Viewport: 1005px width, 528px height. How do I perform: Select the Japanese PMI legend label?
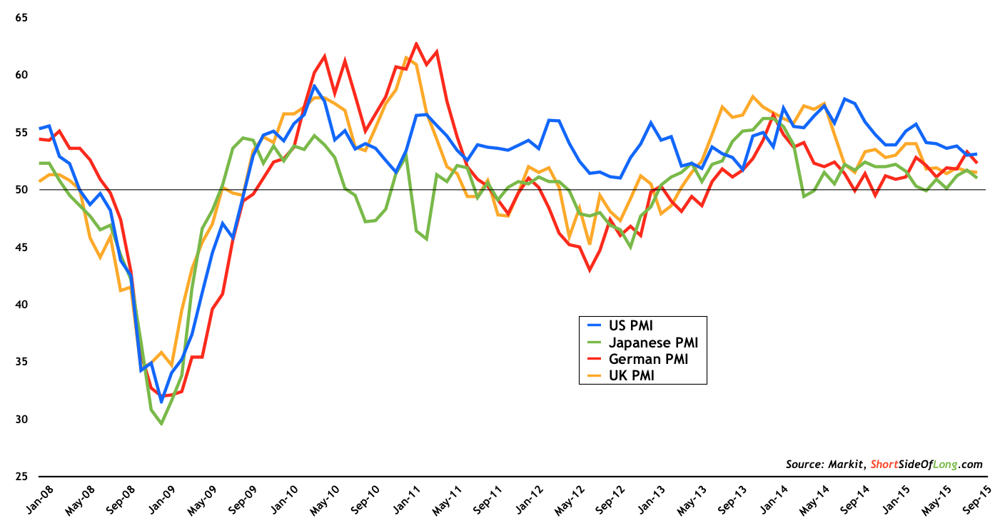[648, 342]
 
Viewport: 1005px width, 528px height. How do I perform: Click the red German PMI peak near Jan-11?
[416, 44]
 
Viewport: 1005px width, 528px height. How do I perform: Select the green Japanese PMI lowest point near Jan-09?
[161, 424]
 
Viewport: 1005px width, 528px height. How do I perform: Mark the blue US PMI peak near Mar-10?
[314, 86]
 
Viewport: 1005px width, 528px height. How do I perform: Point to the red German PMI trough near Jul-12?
[590, 270]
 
